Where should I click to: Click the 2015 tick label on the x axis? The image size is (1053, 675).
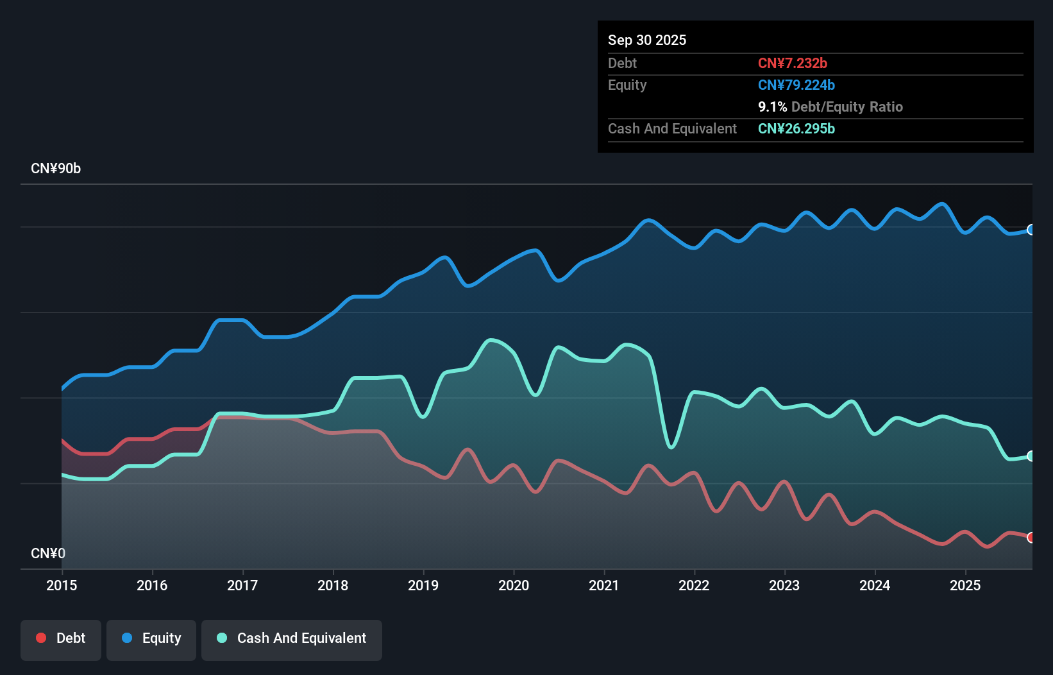[x=62, y=585]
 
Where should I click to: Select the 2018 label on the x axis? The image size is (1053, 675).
[x=333, y=585]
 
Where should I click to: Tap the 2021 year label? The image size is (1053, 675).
[x=604, y=585]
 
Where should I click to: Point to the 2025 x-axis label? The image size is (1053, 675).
[x=965, y=585]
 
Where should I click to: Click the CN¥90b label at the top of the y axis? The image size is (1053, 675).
[x=56, y=169]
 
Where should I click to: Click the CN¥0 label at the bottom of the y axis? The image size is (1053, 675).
[x=48, y=553]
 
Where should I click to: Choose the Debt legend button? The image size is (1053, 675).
[x=61, y=638]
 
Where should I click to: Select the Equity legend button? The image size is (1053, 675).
[x=151, y=638]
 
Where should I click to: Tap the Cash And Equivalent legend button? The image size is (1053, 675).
[x=292, y=638]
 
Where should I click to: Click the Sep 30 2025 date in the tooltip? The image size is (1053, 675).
[x=647, y=40]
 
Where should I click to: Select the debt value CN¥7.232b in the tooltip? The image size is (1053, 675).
[x=793, y=63]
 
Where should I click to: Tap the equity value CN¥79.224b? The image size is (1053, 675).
[x=796, y=85]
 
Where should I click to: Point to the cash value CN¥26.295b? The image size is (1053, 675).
[x=796, y=128]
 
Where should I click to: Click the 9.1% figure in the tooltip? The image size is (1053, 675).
[x=772, y=107]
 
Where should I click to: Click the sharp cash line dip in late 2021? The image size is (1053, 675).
[x=671, y=447]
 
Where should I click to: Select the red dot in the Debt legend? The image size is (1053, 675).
[x=41, y=638]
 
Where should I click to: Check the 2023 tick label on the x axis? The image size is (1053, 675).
[x=784, y=585]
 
